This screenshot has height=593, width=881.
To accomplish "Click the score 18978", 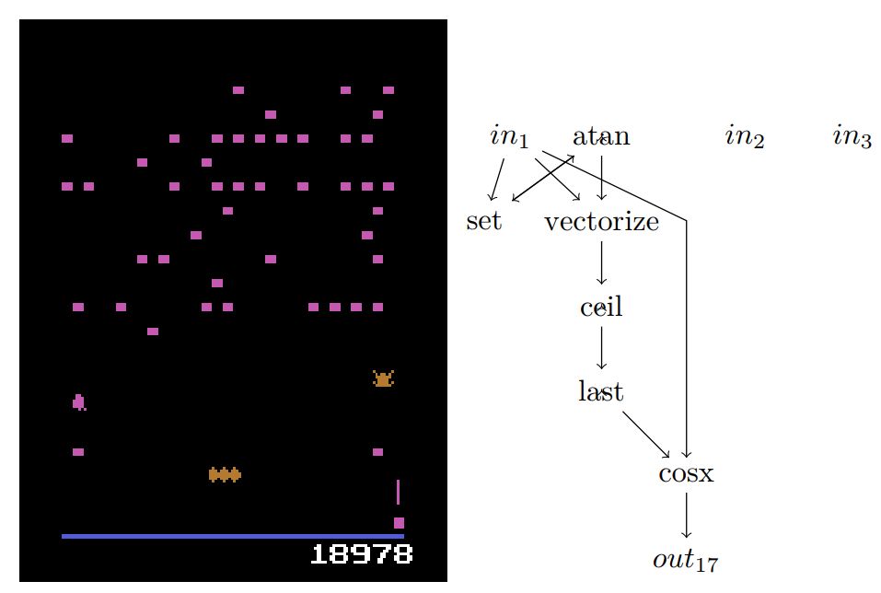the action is [361, 554].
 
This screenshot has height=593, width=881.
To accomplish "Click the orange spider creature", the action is [383, 378].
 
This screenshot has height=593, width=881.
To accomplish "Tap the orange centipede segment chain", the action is [225, 474].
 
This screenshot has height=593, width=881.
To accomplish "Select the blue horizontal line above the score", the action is [232, 536].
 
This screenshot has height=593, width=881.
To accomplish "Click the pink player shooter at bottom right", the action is [399, 523].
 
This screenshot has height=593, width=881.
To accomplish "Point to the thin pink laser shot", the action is [398, 492].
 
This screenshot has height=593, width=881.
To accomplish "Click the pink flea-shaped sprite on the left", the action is [79, 402].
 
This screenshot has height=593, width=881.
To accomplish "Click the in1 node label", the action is [509, 138].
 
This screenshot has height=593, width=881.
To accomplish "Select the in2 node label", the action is [745, 138].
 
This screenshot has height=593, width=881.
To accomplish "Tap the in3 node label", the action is [852, 138].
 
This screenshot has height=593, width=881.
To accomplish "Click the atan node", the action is [601, 137].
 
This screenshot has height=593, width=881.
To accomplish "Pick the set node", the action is [484, 222].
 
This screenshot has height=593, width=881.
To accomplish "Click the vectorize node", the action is [601, 222].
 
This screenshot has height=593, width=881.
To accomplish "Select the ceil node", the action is [601, 307].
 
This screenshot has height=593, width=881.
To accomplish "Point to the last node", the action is [601, 391].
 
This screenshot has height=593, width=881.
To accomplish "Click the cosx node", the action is [686, 474].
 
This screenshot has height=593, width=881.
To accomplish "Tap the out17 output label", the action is [686, 559].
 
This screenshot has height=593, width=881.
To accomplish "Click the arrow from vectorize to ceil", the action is [601, 263].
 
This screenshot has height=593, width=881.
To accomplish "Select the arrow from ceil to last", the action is [601, 349].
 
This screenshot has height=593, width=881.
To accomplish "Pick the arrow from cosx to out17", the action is [686, 516].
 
